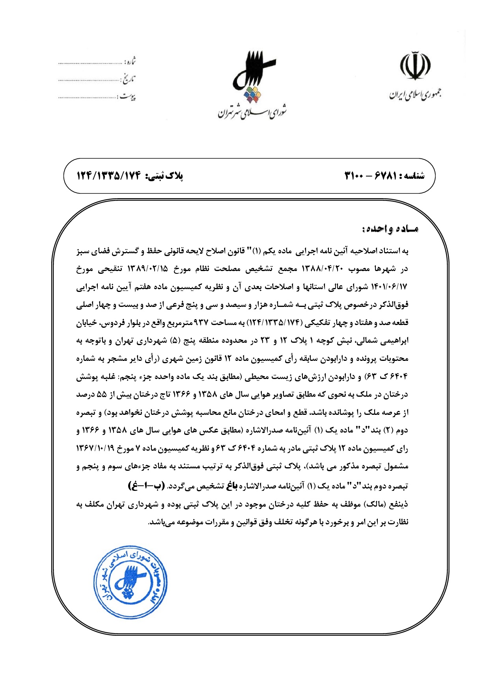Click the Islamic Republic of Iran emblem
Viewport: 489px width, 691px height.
click(x=415, y=66)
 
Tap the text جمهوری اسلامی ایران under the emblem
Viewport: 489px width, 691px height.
click(x=415, y=94)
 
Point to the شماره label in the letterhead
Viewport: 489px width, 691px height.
click(x=130, y=62)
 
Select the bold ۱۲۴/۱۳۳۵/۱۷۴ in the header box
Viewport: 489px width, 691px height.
click(x=109, y=176)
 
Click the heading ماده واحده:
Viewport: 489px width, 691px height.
click(x=390, y=229)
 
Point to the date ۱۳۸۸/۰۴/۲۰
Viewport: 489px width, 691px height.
click(x=323, y=269)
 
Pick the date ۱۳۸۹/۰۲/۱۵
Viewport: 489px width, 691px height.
click(x=148, y=269)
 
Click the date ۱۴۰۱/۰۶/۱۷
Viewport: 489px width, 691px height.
click(x=389, y=287)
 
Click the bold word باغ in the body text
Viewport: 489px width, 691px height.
click(x=232, y=486)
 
